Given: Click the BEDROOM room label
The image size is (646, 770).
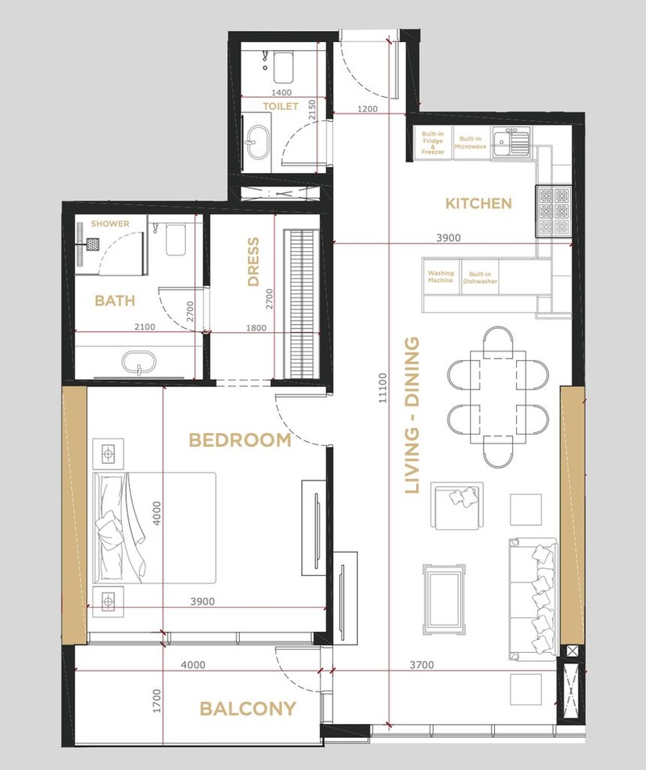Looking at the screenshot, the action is point(240,440).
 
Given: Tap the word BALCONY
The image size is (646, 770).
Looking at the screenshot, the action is point(248,709).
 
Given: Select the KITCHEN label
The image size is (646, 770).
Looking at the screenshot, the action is point(479,204).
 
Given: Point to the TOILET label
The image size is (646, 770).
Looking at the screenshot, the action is point(280,106).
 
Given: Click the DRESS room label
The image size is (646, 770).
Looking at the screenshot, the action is point(254,262).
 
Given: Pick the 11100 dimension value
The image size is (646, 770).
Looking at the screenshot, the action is point(383,388).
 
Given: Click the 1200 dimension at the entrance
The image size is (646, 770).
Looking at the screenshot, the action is point(367,108).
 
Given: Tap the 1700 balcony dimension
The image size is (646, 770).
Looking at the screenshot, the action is point(157,701).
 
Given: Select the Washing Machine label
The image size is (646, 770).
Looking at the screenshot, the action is point(440,276).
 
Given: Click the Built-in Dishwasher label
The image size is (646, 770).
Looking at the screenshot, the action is point(480,278).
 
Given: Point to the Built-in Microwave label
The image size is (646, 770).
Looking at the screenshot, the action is point(470,142).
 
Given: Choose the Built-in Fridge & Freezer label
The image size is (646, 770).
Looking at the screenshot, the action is point(433,143).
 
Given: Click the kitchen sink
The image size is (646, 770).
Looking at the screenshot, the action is point(511,141).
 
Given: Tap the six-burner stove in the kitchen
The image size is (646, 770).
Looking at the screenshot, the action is point(553,211).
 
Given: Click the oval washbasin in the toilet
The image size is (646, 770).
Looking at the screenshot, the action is point(258,143).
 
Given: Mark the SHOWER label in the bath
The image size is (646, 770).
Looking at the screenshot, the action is point(110,224).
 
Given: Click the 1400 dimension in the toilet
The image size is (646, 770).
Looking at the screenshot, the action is point(281,92).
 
